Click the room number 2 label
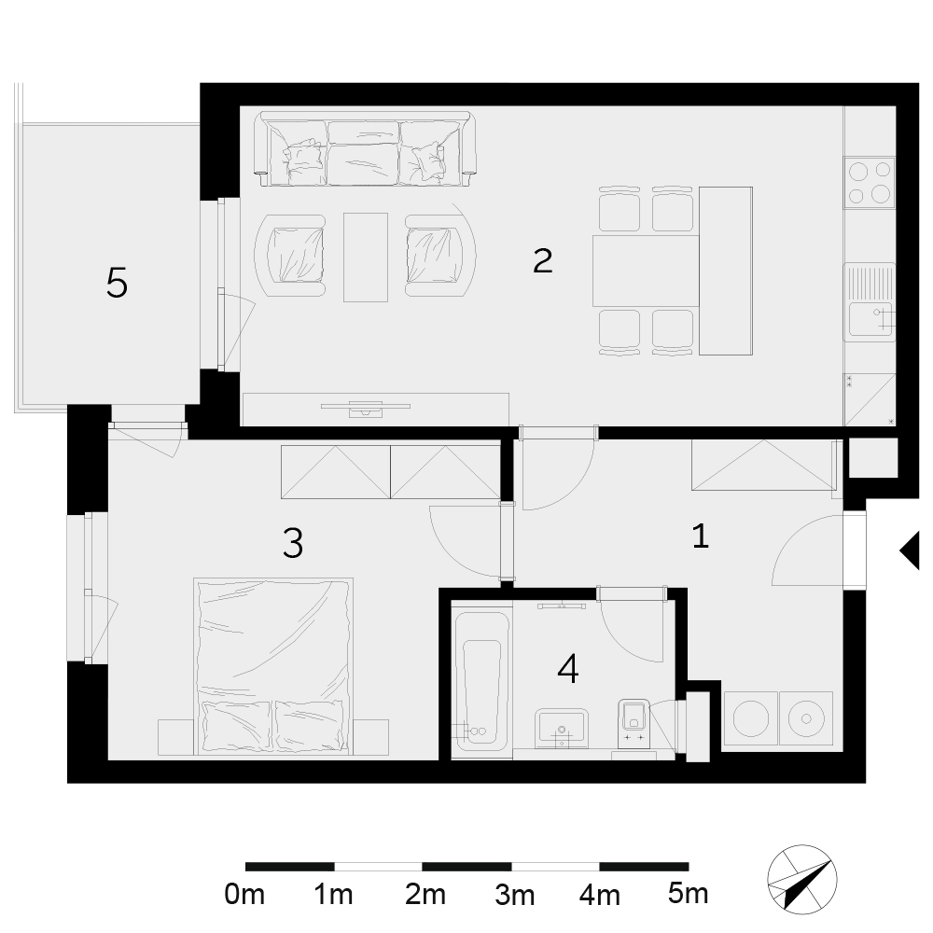tap(543, 260)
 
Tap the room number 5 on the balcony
tap(117, 283)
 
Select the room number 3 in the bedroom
tap(293, 543)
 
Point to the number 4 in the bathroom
tap(568, 668)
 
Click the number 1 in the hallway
tap(701, 536)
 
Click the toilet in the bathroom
tap(633, 722)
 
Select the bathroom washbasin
tap(562, 728)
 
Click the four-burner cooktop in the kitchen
tap(870, 183)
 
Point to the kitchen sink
tap(870, 302)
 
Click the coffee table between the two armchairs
tap(366, 258)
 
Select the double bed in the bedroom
tap(273, 666)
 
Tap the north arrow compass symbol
tap(802, 879)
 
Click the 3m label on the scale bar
tap(514, 895)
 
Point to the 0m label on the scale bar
tap(244, 895)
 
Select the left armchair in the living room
tap(290, 256)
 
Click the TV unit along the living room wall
tap(375, 410)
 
